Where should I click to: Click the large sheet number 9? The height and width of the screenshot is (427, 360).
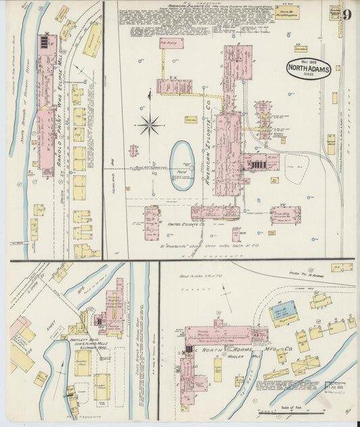point(346,15)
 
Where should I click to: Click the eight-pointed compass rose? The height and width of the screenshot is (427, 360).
point(149,124)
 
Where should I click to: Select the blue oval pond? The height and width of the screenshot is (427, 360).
point(182,156)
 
